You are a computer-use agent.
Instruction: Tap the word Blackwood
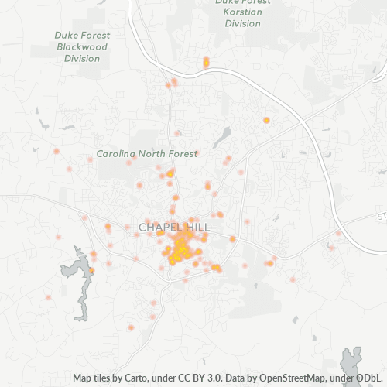[82, 46]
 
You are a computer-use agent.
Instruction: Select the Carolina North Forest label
[146, 154]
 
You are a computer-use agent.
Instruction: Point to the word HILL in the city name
[195, 227]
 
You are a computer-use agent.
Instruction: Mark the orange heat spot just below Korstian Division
[206, 62]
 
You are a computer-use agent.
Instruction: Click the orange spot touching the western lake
[91, 270]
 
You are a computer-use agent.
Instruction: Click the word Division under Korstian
[243, 24]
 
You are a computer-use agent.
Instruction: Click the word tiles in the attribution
[106, 378]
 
